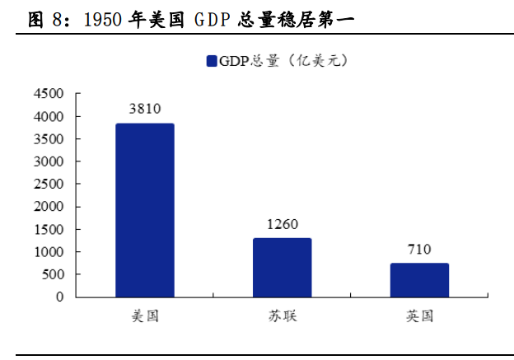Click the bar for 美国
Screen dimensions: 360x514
pyautogui.click(x=145, y=210)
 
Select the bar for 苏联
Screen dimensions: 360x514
pyautogui.click(x=283, y=267)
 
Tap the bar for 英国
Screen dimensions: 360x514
pyautogui.click(x=419, y=279)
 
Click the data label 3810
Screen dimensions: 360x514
pyautogui.click(x=145, y=109)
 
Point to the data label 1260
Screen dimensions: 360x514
pyautogui.click(x=283, y=224)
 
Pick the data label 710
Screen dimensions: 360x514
pyautogui.click(x=419, y=249)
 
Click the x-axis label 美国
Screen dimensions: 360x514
pyautogui.click(x=145, y=316)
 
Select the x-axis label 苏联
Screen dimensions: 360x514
pyautogui.click(x=283, y=316)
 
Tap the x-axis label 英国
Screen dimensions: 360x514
pyautogui.click(x=419, y=316)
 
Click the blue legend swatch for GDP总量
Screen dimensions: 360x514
pyautogui.click(x=212, y=61)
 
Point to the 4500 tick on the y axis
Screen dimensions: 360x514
pyautogui.click(x=49, y=94)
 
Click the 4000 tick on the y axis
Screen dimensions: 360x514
pyautogui.click(x=49, y=117)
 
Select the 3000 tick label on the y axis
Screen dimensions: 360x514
pyautogui.click(x=49, y=161)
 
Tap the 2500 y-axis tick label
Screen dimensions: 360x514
pyautogui.click(x=49, y=185)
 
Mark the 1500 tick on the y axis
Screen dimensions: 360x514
pyautogui.click(x=49, y=230)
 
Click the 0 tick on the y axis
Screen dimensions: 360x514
pyautogui.click(x=60, y=297)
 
